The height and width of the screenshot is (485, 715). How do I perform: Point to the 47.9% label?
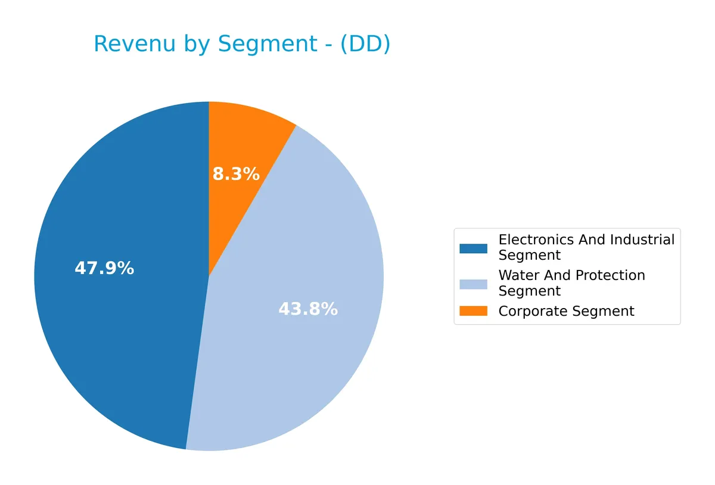point(104,269)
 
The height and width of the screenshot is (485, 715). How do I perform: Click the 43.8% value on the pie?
point(308,310)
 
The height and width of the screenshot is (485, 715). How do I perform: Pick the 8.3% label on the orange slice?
point(236,175)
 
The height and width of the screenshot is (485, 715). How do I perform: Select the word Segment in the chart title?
point(269,45)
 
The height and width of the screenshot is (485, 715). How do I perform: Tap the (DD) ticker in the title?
point(365,45)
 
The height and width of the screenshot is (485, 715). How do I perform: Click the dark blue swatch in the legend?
point(473,248)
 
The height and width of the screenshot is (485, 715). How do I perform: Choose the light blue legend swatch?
point(473,284)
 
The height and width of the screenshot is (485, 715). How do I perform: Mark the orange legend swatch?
point(473,311)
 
